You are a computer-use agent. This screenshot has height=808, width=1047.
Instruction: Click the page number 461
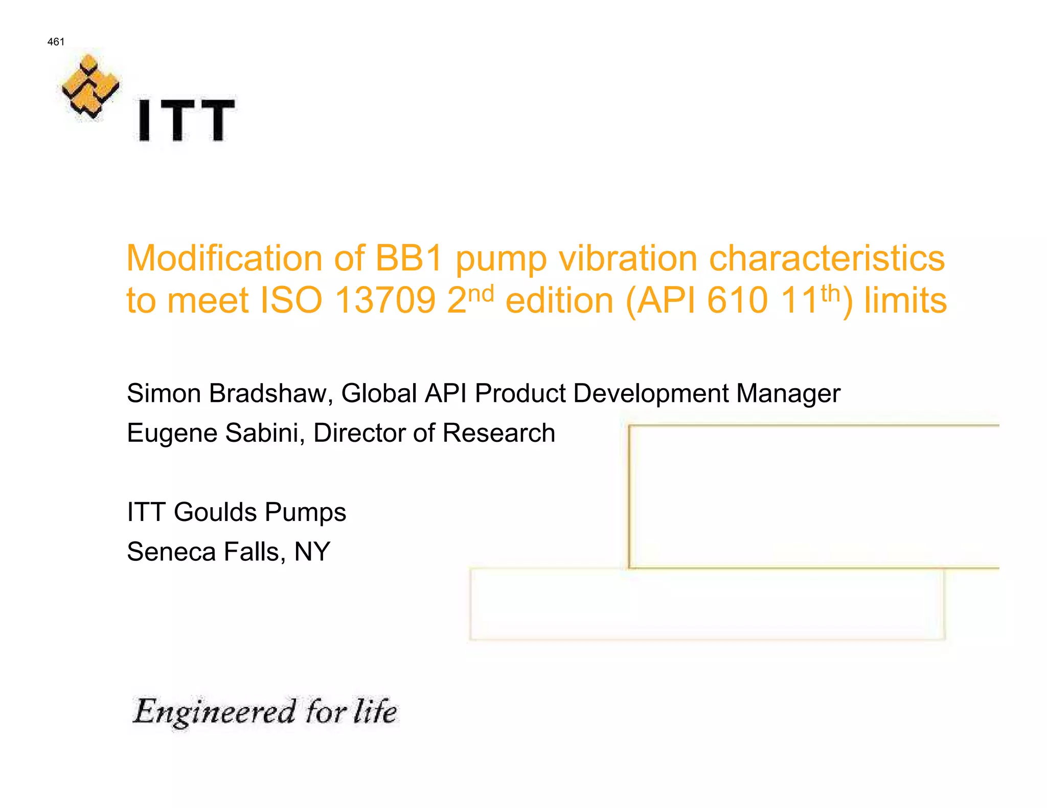[x=56, y=42]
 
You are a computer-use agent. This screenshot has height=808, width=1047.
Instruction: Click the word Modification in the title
[x=224, y=258]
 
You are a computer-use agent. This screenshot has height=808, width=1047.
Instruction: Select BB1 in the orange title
[x=408, y=258]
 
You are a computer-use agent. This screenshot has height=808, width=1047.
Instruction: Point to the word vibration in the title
[x=628, y=258]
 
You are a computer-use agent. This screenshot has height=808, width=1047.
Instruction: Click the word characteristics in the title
[x=827, y=258]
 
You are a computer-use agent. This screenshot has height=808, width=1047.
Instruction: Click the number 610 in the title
[x=737, y=300]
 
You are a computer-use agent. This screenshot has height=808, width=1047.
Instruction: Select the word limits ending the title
[x=905, y=300]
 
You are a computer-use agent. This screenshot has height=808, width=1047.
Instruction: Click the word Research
[x=498, y=433]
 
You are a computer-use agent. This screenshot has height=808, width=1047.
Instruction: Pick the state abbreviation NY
[x=312, y=552]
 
